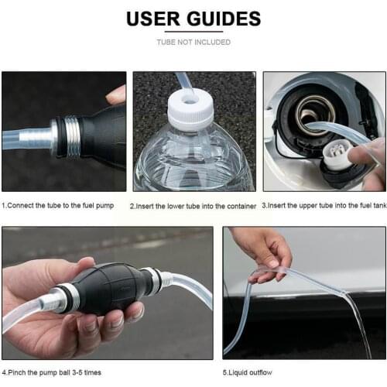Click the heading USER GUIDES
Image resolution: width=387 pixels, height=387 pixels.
tap(193, 19)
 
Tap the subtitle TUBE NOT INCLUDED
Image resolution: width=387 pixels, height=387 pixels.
tap(193, 42)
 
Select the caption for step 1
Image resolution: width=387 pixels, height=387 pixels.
tap(63, 206)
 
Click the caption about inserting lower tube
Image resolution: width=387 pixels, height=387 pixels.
tap(193, 206)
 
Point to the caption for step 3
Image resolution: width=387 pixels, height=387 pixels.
tap(324, 206)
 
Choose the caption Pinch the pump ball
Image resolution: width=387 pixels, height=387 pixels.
tap(52, 372)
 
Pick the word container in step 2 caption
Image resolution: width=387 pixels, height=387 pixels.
tap(239, 206)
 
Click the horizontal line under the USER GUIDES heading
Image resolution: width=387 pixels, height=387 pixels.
tap(193, 32)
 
